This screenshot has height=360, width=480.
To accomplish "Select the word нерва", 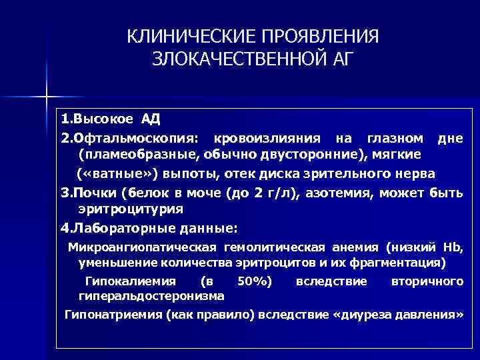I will tap(415, 173).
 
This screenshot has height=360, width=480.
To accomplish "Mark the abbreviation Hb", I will tap(453, 248).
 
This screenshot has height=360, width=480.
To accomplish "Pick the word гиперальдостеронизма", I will tap(151, 295).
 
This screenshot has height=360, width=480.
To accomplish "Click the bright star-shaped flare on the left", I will tap(47, 95).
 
